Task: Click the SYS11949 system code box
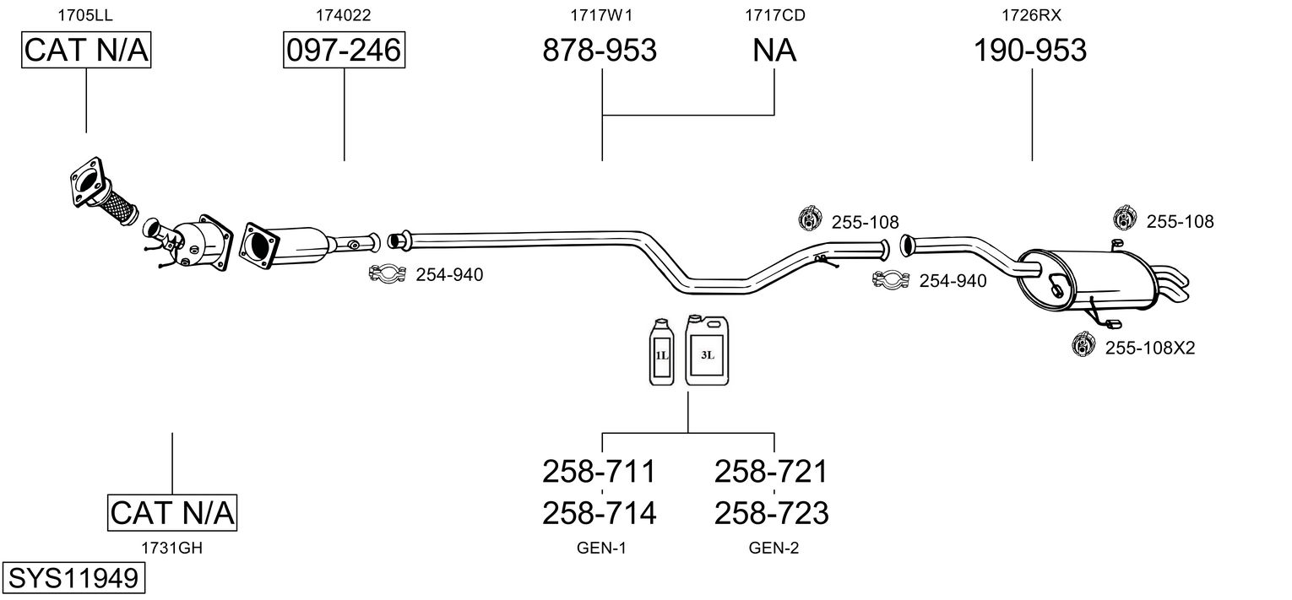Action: point(73,577)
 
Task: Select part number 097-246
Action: point(344,50)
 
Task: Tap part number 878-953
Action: point(600,50)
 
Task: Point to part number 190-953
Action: point(1030,50)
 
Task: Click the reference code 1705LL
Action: point(85,15)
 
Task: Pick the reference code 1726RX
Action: point(1031,15)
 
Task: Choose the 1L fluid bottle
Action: point(661,352)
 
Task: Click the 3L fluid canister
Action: point(707,350)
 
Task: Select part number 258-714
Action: point(600,513)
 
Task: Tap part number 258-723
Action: point(772,513)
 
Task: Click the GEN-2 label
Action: point(774,549)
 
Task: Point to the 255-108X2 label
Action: point(1150,349)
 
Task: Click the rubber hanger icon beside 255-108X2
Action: point(1083,344)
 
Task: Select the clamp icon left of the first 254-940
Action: point(388,273)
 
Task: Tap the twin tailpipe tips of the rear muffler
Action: point(1171,284)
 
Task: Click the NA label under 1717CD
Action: point(774,50)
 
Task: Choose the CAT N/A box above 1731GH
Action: point(172,512)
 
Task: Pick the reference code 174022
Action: point(343,15)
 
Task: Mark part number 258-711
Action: point(600,472)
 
